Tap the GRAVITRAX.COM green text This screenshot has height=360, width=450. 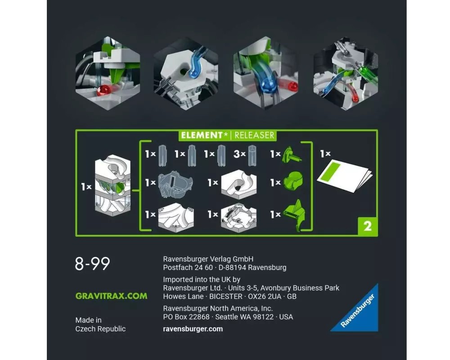click(111, 296)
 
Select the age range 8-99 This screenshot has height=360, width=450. click(92, 264)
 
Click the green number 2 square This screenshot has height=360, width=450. click(368, 226)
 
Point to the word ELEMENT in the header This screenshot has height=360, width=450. click(202, 135)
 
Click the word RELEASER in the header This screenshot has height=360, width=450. click(254, 135)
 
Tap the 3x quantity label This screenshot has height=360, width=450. click(239, 154)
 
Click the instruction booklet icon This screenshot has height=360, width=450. click(344, 176)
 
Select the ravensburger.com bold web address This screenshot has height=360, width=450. click(193, 329)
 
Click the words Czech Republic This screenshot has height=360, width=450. click(100, 329)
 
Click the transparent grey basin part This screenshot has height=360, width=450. click(175, 184)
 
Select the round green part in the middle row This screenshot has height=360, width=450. click(293, 181)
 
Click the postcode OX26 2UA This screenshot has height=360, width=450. click(265, 297)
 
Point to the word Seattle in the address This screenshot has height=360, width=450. click(227, 317)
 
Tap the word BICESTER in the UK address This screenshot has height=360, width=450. click(226, 297)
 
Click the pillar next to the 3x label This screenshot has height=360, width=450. click(252, 156)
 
